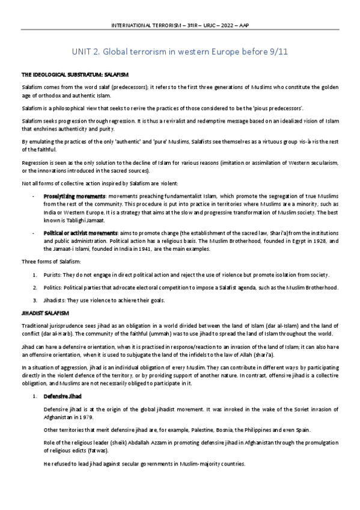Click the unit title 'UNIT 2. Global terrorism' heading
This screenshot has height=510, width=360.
coord(180,52)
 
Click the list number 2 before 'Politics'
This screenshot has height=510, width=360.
coord(35,287)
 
